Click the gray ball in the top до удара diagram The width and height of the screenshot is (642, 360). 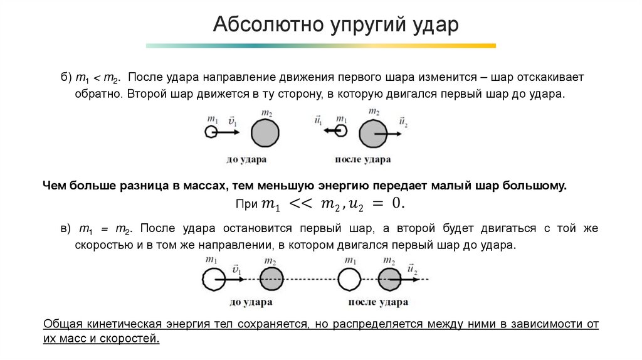click(x=265, y=133)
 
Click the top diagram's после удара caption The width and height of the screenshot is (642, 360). click(x=363, y=159)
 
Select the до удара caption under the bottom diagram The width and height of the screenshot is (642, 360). click(x=251, y=302)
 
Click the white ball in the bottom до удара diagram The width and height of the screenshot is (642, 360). click(x=214, y=278)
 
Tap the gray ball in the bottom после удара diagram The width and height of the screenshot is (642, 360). click(x=390, y=278)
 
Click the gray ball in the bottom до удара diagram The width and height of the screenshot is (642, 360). click(x=270, y=278)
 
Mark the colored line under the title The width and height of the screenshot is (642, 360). click(x=320, y=46)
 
